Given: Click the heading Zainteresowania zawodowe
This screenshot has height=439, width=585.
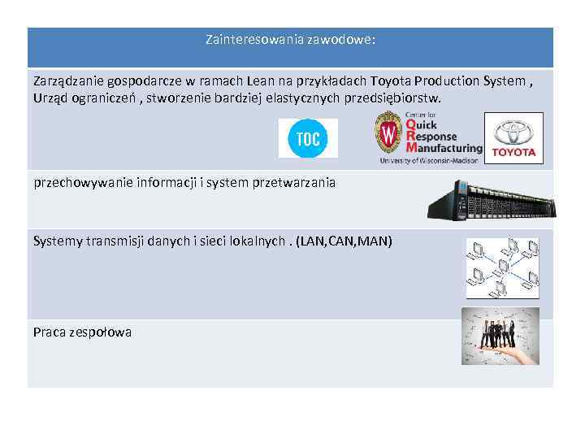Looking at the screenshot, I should [290, 39].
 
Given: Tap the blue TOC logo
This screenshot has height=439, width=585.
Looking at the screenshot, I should [308, 138].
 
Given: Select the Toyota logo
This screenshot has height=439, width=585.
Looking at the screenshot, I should [513, 138].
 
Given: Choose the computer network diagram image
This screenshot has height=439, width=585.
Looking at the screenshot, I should [502, 268].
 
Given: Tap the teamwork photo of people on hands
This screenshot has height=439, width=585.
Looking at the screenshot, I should [500, 336].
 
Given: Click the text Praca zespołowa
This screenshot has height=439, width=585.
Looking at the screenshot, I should [82, 332].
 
